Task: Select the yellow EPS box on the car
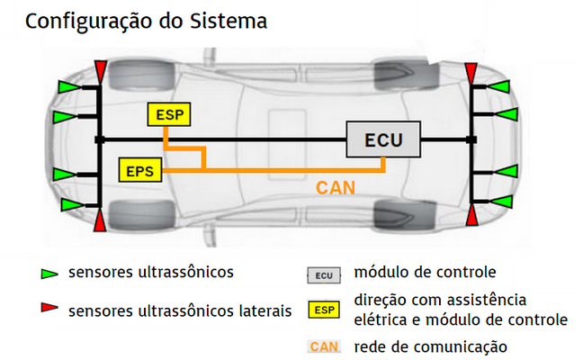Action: coord(139,169)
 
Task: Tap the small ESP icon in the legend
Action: coord(324,310)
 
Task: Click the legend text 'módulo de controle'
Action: coord(426,271)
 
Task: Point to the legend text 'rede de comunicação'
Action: coord(431,346)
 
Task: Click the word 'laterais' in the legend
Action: coord(264,310)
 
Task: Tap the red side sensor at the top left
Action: coord(100,69)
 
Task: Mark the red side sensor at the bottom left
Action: coord(100,219)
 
